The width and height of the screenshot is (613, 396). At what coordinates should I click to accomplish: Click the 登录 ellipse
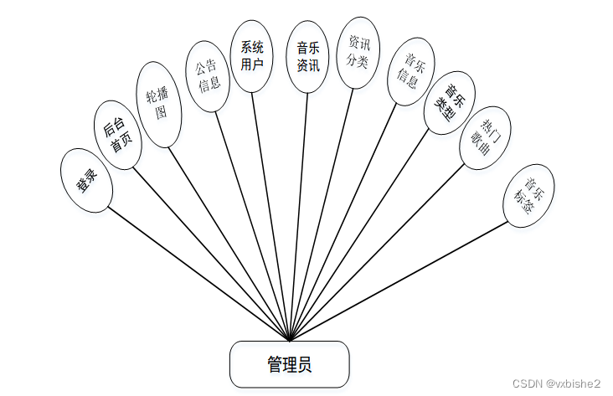point(87,180)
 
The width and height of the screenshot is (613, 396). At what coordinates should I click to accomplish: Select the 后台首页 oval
point(116,135)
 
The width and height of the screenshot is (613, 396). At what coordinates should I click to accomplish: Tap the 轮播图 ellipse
point(158,105)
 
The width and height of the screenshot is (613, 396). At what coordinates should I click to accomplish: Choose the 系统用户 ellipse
point(252,55)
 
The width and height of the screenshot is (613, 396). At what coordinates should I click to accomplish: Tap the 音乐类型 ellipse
point(450,103)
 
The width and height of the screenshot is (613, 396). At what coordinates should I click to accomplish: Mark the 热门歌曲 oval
point(486,137)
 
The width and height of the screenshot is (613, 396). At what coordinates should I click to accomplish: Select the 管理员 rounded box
point(290,363)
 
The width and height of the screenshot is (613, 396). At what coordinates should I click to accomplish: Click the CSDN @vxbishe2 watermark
point(557,383)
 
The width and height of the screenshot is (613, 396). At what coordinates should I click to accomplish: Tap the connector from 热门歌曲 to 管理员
point(377,251)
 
